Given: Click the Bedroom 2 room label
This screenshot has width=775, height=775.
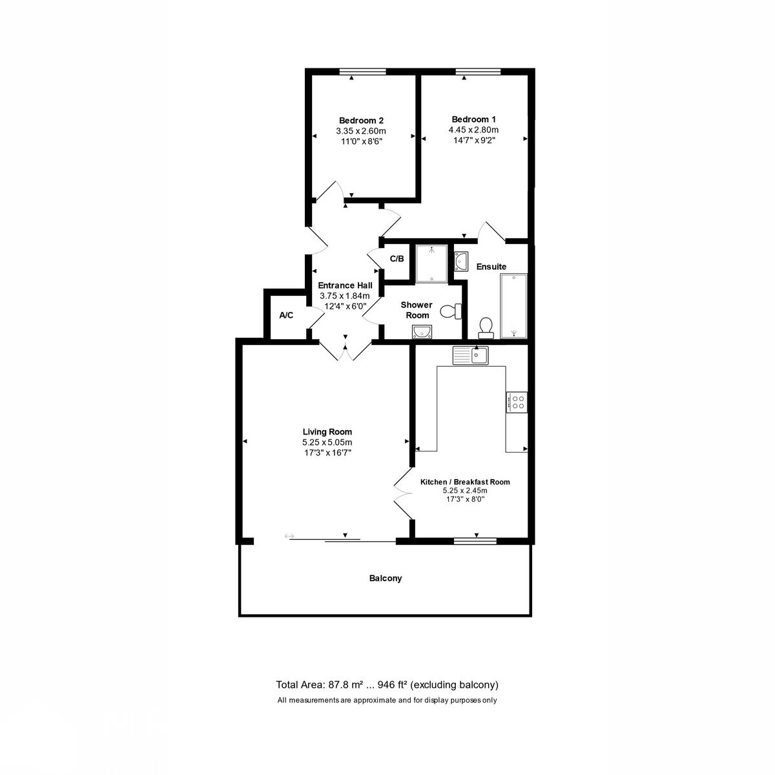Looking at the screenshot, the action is [361, 121].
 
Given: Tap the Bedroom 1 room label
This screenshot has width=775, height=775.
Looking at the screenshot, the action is [473, 119].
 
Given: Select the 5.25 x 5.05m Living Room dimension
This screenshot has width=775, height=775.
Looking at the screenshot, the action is [327, 442].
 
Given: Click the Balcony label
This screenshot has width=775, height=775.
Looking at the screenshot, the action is [386, 578].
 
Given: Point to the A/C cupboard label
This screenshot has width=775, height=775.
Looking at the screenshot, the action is [286, 315].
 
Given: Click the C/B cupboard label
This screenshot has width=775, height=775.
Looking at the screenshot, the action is [397, 258].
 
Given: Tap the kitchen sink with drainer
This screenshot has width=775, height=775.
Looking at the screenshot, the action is [471, 355].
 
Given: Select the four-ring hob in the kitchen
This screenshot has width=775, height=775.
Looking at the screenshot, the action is [517, 402].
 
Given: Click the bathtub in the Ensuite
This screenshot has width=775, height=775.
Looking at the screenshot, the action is [513, 306].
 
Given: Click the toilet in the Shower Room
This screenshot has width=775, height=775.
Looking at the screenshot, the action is [451, 311].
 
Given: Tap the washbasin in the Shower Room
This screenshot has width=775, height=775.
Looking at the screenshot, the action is [422, 332].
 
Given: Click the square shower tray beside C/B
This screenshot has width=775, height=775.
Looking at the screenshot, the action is [431, 263].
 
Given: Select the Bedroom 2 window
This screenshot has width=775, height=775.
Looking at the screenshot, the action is [362, 72].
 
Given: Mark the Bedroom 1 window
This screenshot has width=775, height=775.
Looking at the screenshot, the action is [478, 72].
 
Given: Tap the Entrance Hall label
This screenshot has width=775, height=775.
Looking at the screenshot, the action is [345, 285].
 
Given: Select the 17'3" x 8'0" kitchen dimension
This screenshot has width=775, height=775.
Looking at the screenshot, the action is [465, 499].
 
